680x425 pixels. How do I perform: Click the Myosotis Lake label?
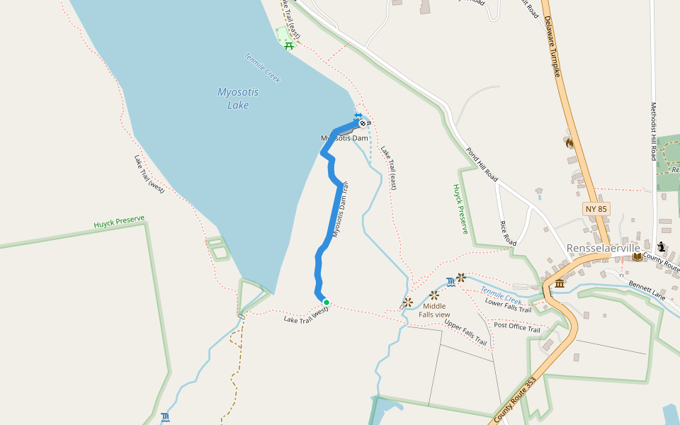pos(237,98)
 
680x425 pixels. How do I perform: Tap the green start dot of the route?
pos(326,302)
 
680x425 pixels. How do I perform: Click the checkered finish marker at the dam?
pos(363,123)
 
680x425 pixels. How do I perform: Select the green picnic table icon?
pos(288,46)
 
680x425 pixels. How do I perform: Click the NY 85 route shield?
pos(596,209)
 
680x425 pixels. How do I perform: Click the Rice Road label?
pos(508,233)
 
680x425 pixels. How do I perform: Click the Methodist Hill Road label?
pos(654,131)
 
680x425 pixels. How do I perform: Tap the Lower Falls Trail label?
pos(508,305)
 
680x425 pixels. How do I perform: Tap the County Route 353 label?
pos(515,400)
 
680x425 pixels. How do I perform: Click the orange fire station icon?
pos(568,142)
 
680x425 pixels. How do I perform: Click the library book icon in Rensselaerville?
pos(637,256)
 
